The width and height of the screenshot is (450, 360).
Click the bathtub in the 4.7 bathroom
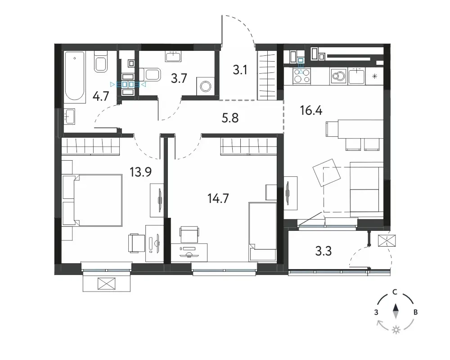[x=75, y=77]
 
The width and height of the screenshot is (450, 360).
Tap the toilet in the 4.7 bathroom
[x=100, y=62]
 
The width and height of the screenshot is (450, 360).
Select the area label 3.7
[x=179, y=78]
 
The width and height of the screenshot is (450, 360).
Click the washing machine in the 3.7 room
[x=206, y=86]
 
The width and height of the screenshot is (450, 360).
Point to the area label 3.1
[x=240, y=70]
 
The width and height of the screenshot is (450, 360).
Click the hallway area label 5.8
[x=230, y=118]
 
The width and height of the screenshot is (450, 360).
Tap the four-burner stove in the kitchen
[x=301, y=76]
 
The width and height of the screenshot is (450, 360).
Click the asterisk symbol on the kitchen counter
[x=374, y=76]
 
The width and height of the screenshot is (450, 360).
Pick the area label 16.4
[x=311, y=110]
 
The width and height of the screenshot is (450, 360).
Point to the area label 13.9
[x=140, y=172]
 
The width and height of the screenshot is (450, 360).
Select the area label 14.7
[x=218, y=198]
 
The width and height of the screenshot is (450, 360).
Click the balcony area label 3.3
[x=324, y=251]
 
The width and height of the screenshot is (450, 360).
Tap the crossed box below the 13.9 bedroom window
[x=106, y=283]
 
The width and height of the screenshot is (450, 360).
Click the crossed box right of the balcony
[x=387, y=241]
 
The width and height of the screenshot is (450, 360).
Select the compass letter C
[x=395, y=292]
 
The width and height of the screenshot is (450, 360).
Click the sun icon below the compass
[x=396, y=330]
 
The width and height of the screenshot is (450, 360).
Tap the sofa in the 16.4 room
[x=367, y=189]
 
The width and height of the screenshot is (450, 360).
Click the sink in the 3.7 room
[x=173, y=56]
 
